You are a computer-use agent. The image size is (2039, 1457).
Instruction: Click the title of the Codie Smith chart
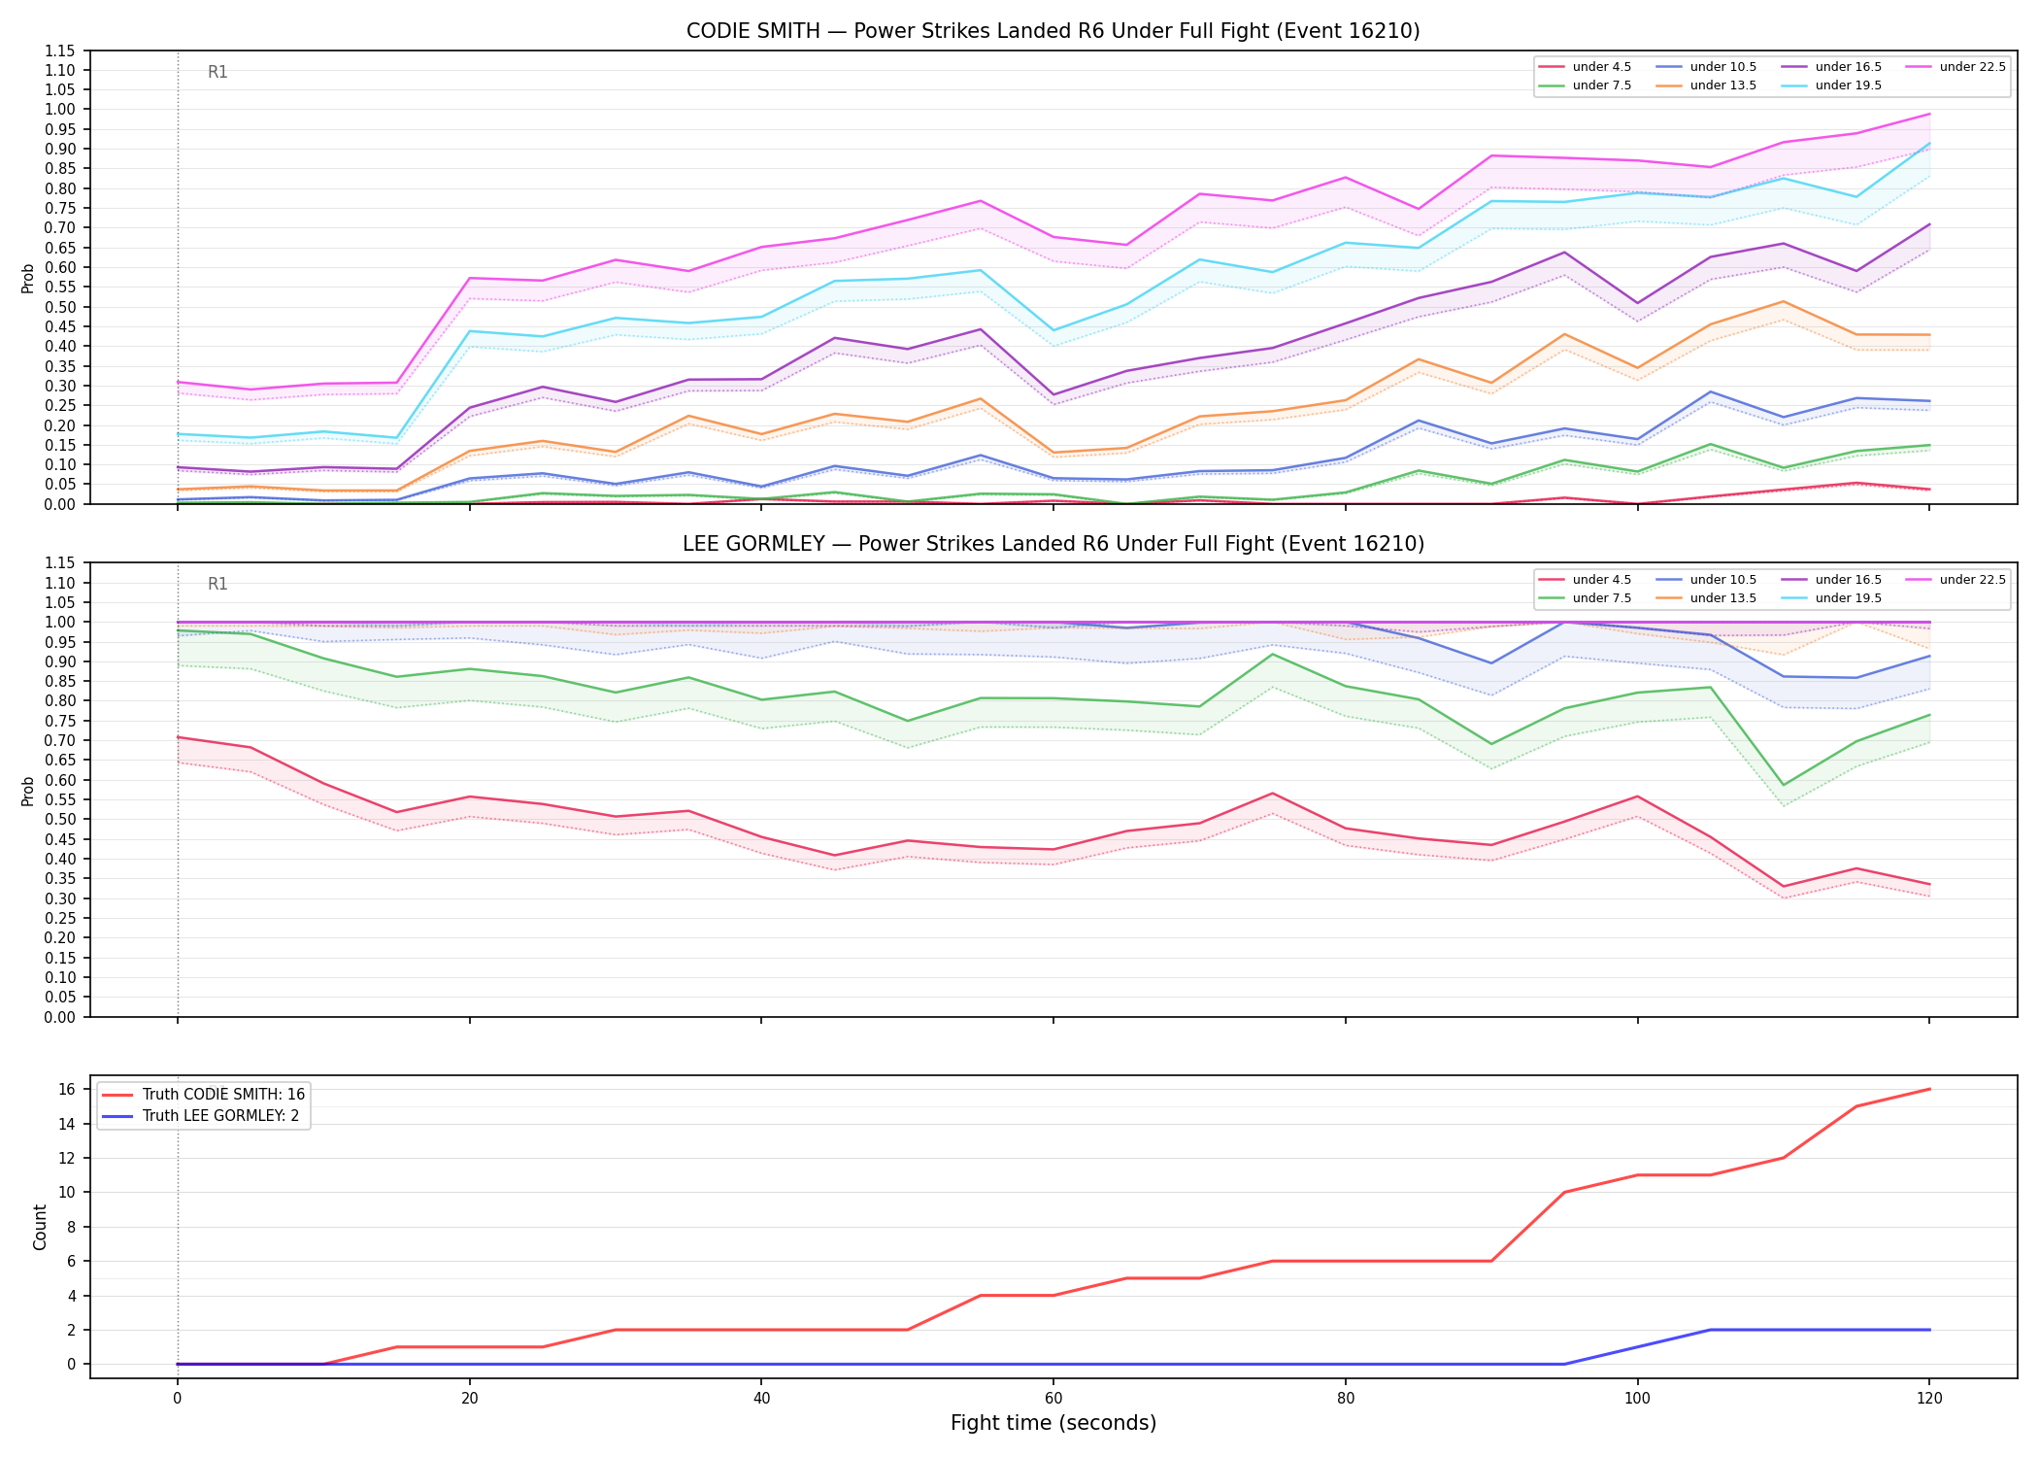(1053, 31)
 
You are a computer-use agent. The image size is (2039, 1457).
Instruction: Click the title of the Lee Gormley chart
(1053, 544)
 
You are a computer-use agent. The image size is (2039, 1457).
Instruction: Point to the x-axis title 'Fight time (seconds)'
(1053, 1424)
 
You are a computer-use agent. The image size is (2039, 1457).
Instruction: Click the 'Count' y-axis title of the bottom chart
(40, 1227)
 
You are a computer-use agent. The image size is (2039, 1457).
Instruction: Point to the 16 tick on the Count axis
(68, 1090)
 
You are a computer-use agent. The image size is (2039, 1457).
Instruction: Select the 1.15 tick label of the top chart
(60, 51)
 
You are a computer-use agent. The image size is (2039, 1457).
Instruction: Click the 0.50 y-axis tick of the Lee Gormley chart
(60, 820)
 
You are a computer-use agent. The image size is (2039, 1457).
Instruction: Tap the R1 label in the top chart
(217, 72)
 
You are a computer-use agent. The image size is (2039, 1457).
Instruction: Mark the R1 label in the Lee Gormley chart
(217, 584)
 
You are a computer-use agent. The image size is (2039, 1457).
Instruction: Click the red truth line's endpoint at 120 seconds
(1929, 1089)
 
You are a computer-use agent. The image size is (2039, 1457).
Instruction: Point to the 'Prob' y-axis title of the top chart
(28, 279)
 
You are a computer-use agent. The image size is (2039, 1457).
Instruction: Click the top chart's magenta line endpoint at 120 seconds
(1929, 114)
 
